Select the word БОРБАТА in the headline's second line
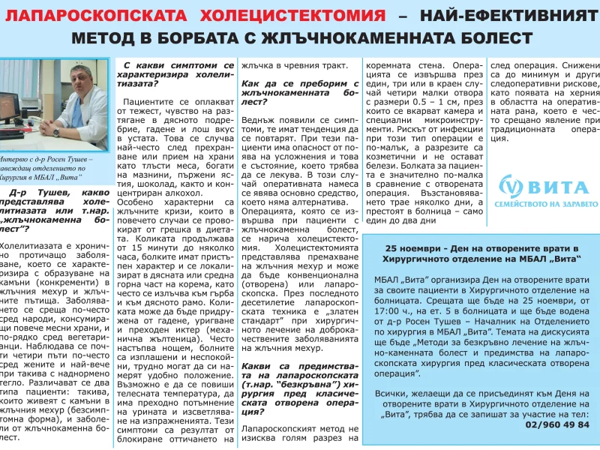point(202,37)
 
